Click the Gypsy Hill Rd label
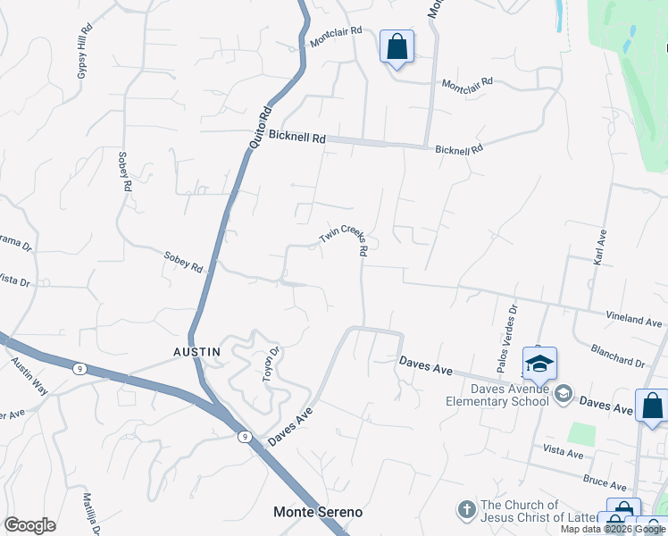pyautogui.click(x=85, y=52)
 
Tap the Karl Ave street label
pyautogui.click(x=602, y=246)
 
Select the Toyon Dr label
pyautogui.click(x=271, y=364)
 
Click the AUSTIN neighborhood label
pyautogui.click(x=196, y=352)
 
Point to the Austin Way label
pyautogui.click(x=28, y=376)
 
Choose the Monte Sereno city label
pyautogui.click(x=318, y=512)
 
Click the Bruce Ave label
pyautogui.click(x=605, y=483)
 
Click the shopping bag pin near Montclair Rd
pyautogui.click(x=397, y=46)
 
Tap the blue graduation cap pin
pyautogui.click(x=539, y=363)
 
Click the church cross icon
pyautogui.click(x=465, y=510)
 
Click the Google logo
pyautogui.click(x=29, y=525)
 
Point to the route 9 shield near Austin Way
pyautogui.click(x=80, y=368)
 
